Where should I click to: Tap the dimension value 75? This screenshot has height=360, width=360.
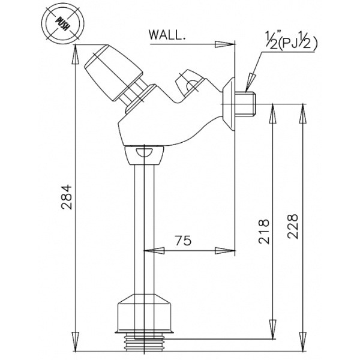coord(182,241)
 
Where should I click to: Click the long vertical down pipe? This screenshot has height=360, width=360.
coord(145,228)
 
